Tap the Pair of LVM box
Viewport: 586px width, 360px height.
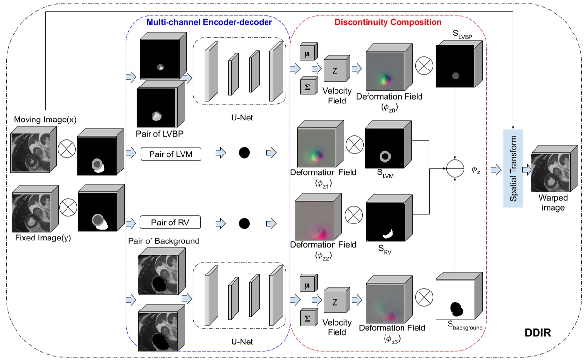[171, 154]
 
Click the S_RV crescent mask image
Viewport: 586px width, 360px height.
[385, 222]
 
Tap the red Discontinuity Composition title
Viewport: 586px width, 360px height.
[388, 22]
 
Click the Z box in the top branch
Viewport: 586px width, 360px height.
[335, 69]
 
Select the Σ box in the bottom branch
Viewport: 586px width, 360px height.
[307, 318]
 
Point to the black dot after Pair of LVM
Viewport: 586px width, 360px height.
[244, 154]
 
